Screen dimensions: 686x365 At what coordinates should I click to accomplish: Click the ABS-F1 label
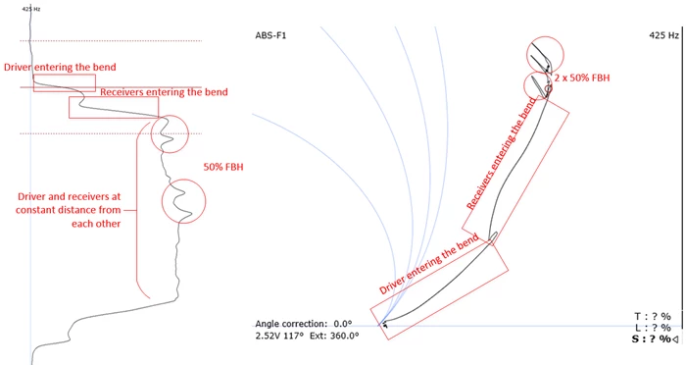point(270,35)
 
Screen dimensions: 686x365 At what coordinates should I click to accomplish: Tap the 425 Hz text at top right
point(663,35)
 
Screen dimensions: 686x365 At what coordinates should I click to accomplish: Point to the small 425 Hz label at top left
point(31,9)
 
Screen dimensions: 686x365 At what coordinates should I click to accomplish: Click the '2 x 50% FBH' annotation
point(582,78)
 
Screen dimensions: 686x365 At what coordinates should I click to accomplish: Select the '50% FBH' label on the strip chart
point(223,167)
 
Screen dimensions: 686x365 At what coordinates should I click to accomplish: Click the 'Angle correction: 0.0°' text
point(304,324)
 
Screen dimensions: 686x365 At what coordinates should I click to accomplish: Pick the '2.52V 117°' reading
point(279,336)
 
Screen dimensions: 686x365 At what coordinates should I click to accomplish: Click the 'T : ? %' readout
point(653,316)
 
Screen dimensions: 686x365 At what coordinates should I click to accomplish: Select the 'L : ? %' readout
point(654,328)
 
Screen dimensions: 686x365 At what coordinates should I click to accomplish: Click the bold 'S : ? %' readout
point(652,339)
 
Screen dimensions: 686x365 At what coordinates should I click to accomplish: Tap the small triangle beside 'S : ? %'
point(675,339)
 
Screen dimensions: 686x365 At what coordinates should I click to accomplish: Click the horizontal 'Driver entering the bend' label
point(60,67)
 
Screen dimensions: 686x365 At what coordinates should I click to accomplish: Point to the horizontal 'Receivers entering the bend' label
point(164,92)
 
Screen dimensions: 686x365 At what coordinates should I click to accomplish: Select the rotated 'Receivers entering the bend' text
point(501,153)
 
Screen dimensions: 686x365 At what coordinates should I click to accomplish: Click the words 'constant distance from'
point(68,210)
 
